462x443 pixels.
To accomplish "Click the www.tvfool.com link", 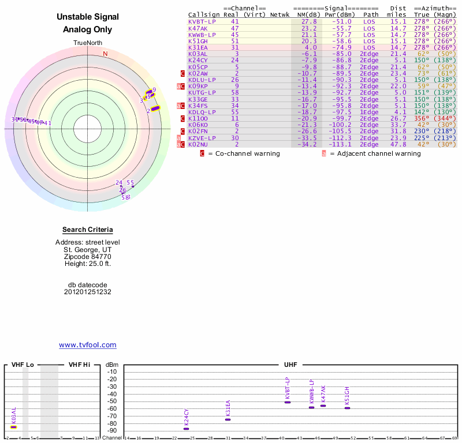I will pos(88,345).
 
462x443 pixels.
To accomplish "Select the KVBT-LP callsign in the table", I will pos(202,21).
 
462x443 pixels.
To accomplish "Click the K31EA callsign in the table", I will pos(198,47).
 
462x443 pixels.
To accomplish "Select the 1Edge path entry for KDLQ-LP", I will pos(369,112).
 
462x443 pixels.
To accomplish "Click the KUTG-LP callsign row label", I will pos(202,92).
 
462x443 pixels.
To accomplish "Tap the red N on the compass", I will pos(105,54).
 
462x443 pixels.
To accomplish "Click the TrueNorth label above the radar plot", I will pos(88,43).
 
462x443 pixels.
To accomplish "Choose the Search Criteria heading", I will pos(88,230).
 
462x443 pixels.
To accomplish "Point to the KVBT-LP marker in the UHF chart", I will pos(288,402).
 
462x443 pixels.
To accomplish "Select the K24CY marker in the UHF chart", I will pos(187,429).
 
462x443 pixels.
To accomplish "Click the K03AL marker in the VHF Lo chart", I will pos(13,427).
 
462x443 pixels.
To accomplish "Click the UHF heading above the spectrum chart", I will pos(290,365).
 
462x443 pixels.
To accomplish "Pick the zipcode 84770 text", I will pos(88,257).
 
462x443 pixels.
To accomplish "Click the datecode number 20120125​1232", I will pos(88,292).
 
